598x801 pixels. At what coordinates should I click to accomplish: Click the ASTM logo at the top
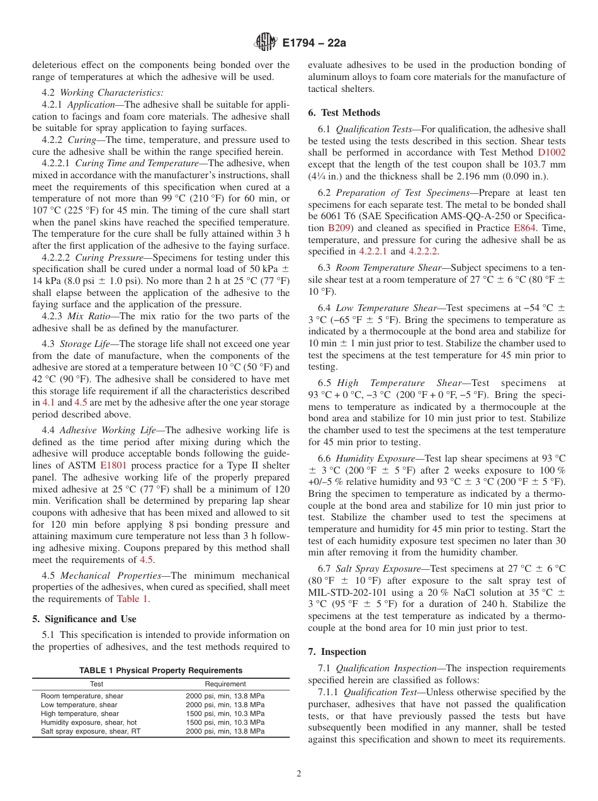265,42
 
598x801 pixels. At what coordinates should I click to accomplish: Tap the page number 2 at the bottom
298,773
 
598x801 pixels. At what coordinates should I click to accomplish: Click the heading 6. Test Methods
344,113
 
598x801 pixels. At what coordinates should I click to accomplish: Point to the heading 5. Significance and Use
84,618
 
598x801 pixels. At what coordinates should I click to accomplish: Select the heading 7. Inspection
337,651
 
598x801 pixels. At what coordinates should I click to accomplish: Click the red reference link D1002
551,152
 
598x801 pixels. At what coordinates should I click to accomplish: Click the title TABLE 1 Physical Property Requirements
161,670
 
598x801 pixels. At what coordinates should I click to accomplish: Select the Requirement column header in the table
225,684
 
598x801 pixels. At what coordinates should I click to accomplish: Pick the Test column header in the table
96,684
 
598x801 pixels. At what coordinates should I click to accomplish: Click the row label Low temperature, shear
79,705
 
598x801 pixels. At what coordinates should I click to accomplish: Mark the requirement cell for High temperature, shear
225,713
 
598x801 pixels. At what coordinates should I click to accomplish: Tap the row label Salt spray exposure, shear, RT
91,731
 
